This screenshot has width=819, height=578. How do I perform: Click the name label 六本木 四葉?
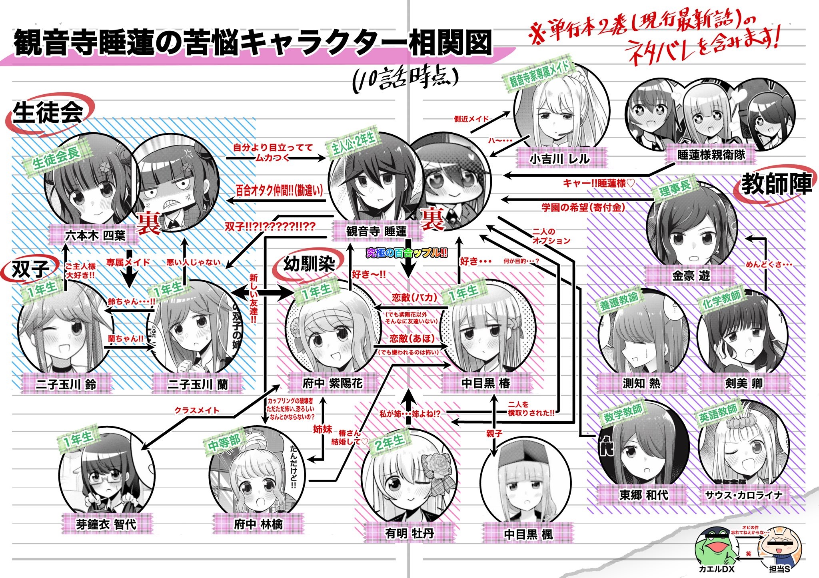pos(95,235)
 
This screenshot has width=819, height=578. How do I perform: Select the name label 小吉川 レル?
pos(559,159)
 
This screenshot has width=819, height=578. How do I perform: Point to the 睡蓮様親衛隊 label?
pos(711,155)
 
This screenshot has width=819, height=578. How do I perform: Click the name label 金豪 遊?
pos(691,275)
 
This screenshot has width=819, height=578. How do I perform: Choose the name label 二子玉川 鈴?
pos(66,384)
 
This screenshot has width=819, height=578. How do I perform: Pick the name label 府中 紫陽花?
pos(332,383)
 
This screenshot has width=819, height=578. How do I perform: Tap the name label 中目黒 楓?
pos(528,534)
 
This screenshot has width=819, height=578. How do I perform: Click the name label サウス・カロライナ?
pos(743,495)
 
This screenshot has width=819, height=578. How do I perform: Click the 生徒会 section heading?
pos(48,112)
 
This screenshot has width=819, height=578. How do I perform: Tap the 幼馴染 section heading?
pos(309,264)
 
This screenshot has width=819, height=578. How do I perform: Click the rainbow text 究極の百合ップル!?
pos(407,253)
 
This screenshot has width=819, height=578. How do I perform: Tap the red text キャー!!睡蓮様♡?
pos(599,183)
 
